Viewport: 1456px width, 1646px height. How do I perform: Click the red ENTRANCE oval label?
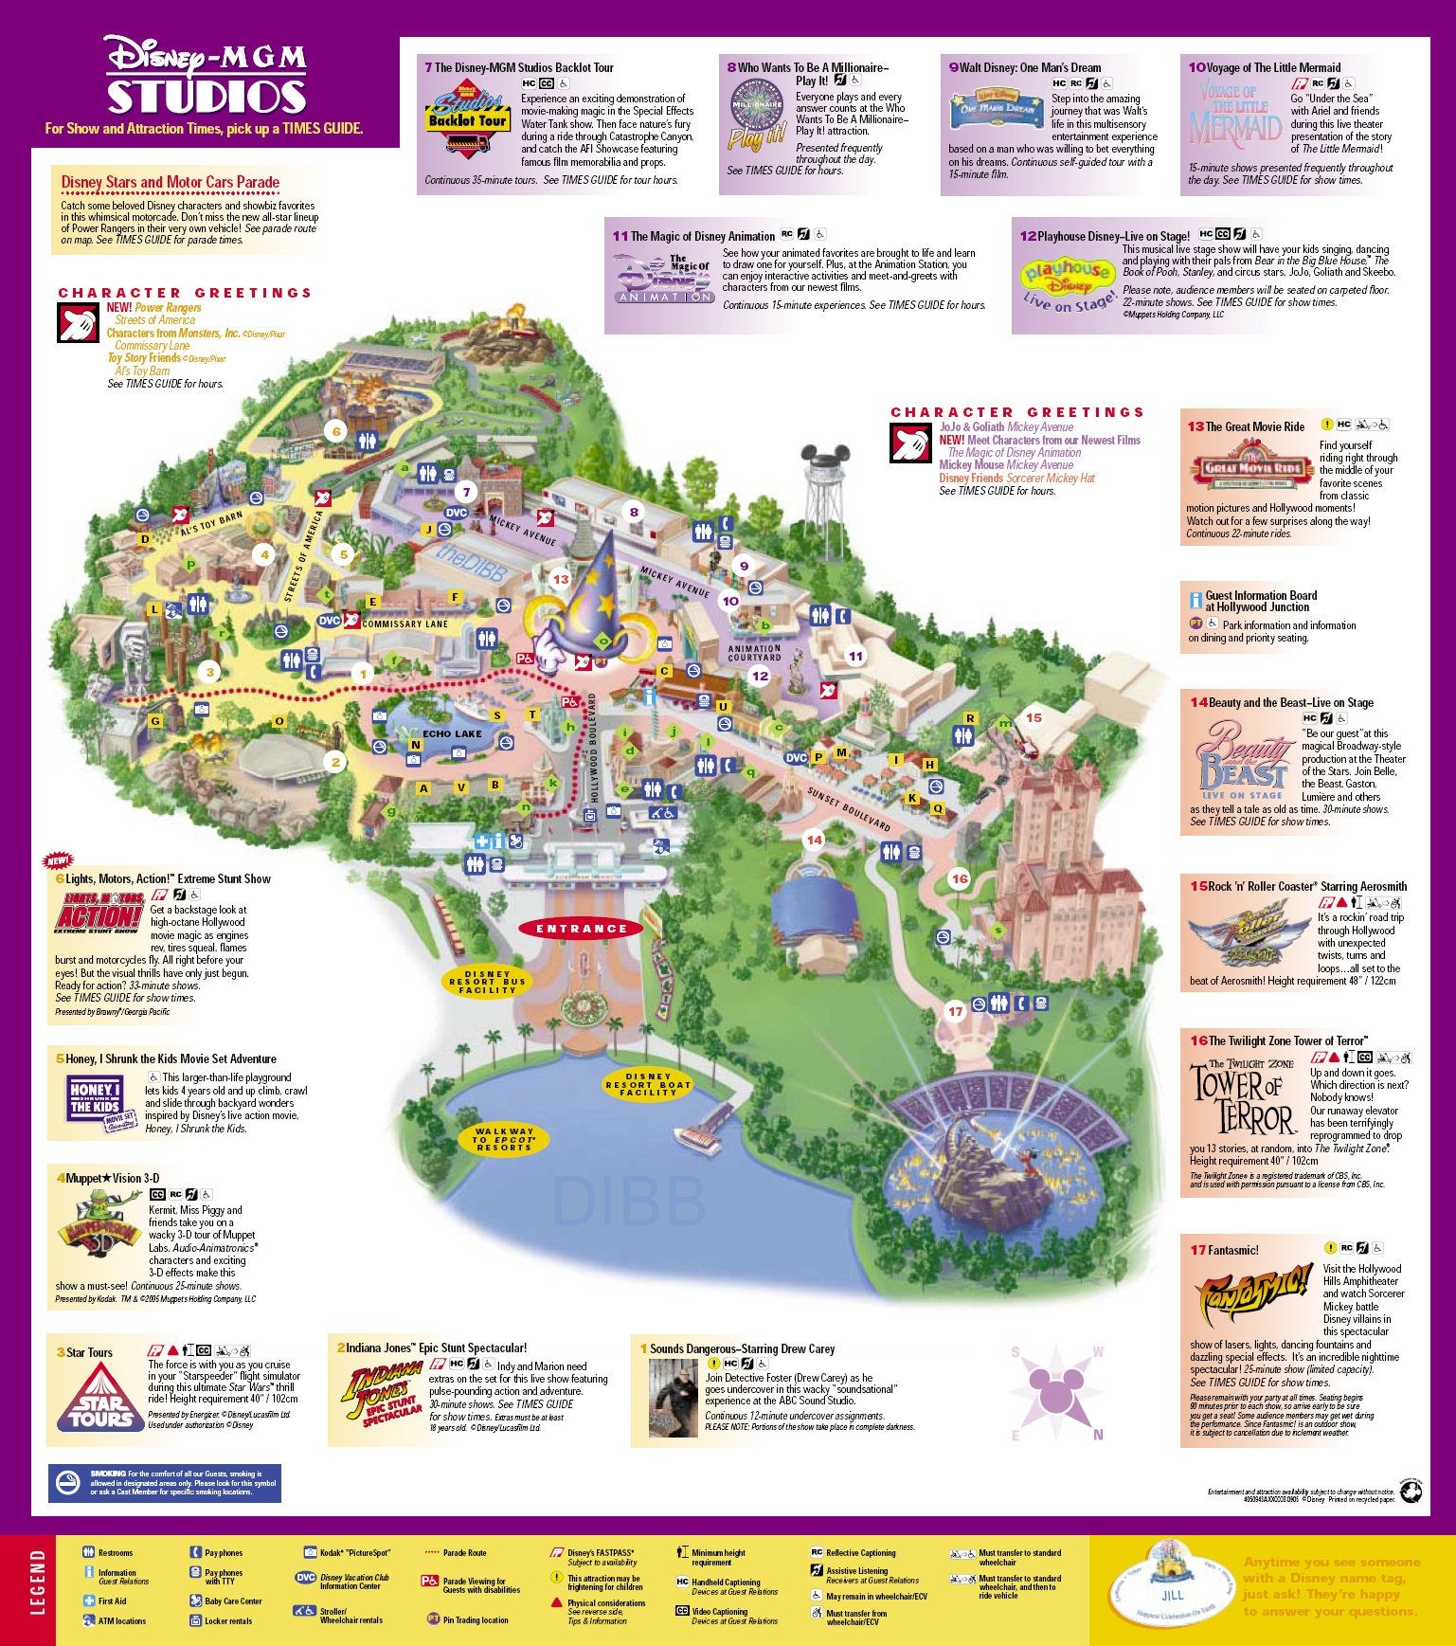tap(582, 929)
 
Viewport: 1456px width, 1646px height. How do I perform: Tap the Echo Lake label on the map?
tap(452, 733)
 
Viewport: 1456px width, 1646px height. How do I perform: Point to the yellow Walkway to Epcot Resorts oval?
tap(504, 1139)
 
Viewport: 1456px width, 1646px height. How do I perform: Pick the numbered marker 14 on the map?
tap(814, 840)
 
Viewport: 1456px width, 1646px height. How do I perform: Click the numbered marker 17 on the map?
tap(955, 1011)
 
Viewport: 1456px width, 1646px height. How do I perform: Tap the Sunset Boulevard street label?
tap(849, 809)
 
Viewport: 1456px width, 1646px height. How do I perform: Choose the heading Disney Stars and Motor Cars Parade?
tap(171, 182)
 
